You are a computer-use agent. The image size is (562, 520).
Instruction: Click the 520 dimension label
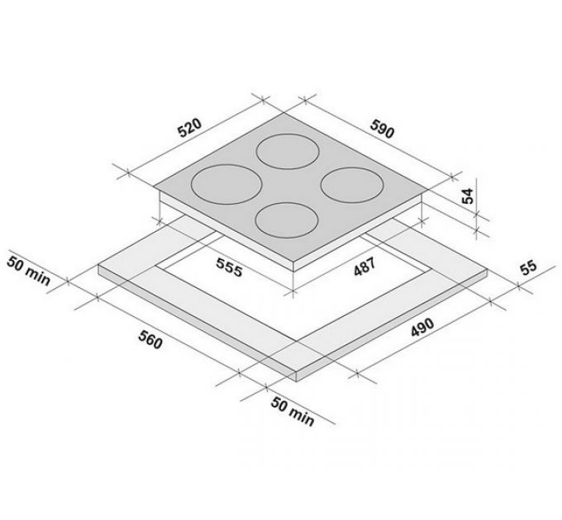click(x=190, y=128)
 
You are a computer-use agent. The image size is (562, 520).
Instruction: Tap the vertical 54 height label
click(x=468, y=196)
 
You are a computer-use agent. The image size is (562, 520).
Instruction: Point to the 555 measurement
click(x=229, y=267)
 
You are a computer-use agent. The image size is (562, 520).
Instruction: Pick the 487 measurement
click(x=364, y=267)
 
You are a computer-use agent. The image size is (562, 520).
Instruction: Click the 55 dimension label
click(x=529, y=267)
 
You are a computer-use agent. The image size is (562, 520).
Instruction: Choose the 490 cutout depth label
click(x=422, y=327)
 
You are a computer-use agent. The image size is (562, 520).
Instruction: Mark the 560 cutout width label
click(x=150, y=339)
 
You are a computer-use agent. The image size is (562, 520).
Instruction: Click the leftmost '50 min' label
click(x=29, y=271)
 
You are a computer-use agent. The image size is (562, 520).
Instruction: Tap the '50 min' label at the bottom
click(x=293, y=412)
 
